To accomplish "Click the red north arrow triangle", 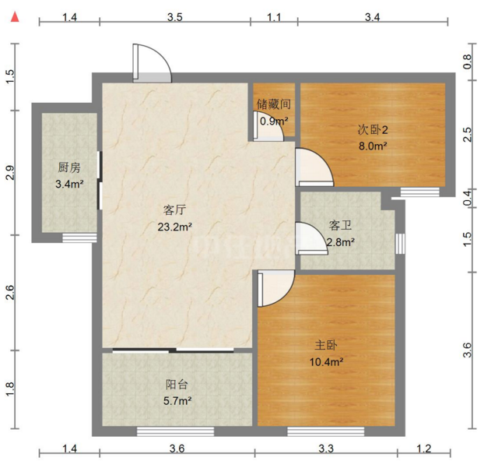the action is pyautogui.click(x=15, y=17).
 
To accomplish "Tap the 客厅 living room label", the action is pyautogui.click(x=174, y=209).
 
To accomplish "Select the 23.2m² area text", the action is pyautogui.click(x=175, y=227).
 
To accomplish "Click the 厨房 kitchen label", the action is pyautogui.click(x=69, y=167).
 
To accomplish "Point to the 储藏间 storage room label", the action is pyautogui.click(x=274, y=104).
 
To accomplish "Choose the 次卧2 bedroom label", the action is pyautogui.click(x=373, y=129).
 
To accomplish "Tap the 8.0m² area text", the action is pyautogui.click(x=373, y=146).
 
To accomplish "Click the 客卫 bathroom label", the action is pyautogui.click(x=340, y=225).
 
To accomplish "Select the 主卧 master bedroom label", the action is pyautogui.click(x=326, y=345).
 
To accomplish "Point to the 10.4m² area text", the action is pyautogui.click(x=326, y=362).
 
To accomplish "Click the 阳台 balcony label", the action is pyautogui.click(x=177, y=384).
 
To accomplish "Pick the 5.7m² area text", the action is pyautogui.click(x=177, y=400).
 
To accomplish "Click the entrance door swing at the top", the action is pyautogui.click(x=152, y=63).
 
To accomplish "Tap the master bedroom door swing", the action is pyautogui.click(x=276, y=289).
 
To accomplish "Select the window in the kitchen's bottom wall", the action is pyautogui.click(x=79, y=238).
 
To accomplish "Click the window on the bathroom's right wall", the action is pyautogui.click(x=400, y=243).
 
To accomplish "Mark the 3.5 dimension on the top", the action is pyautogui.click(x=175, y=17).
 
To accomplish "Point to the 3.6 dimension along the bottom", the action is pyautogui.click(x=177, y=449).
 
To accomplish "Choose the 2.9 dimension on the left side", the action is pyautogui.click(x=11, y=172).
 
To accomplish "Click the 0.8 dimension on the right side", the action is pyautogui.click(x=467, y=62).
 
